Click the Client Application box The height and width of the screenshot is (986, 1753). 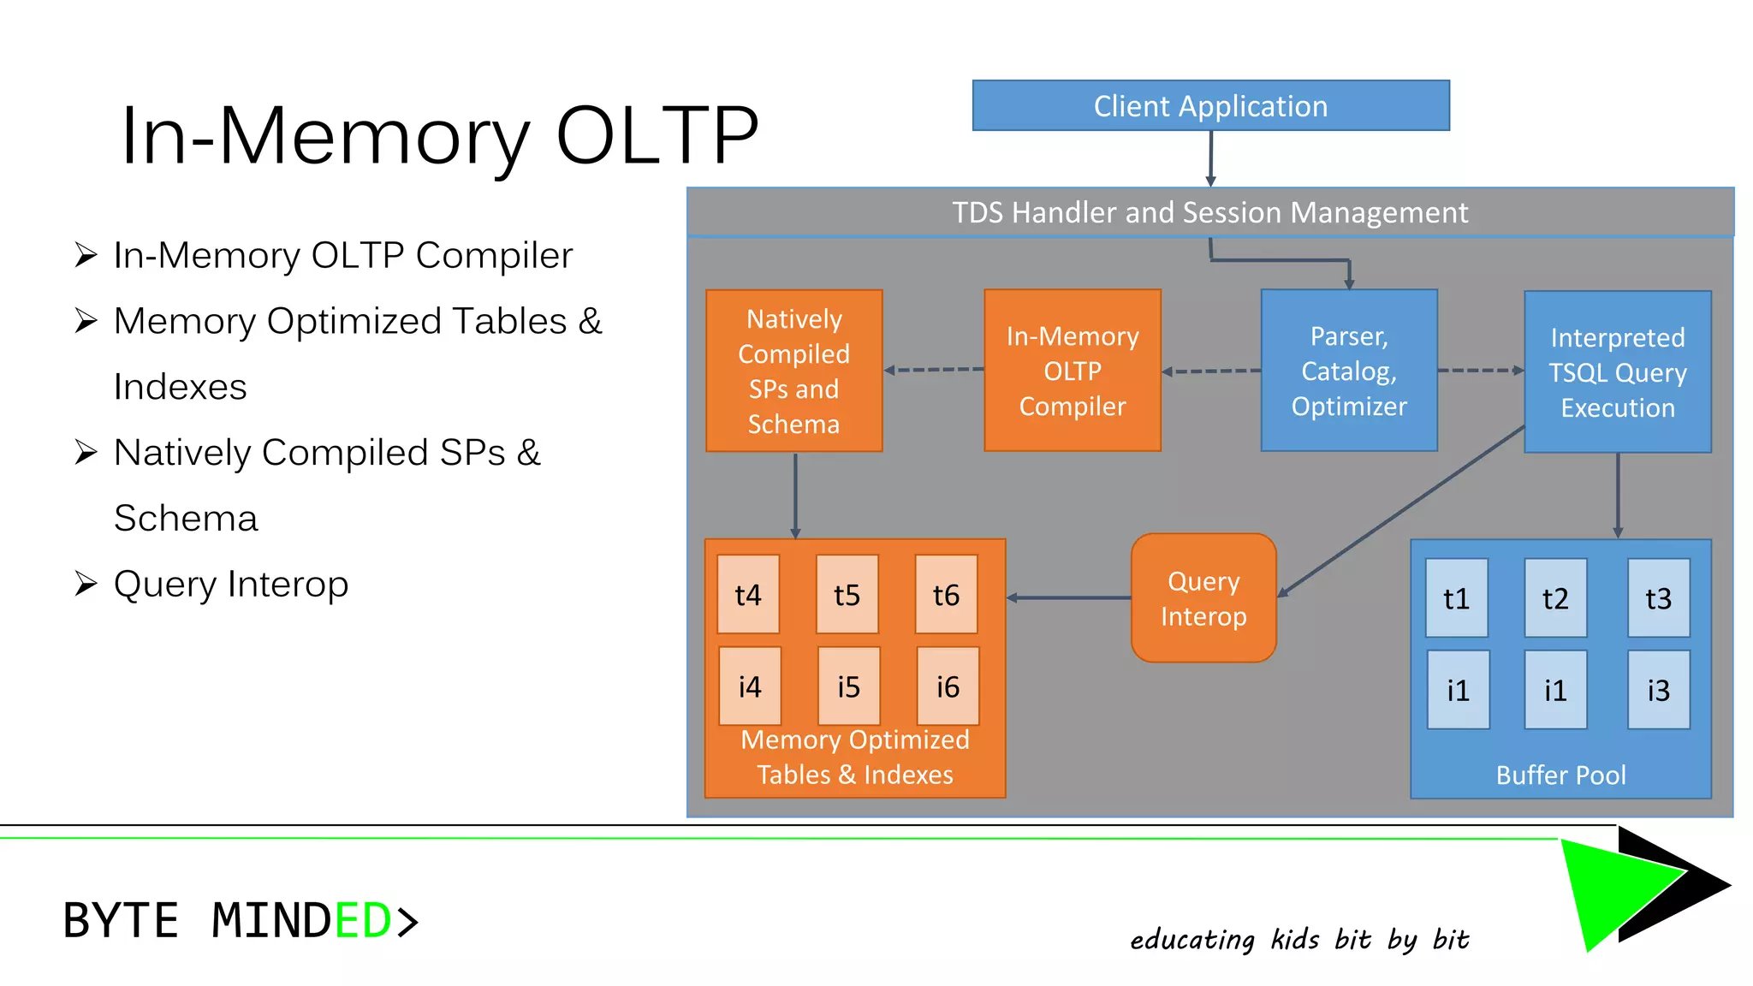(1210, 105)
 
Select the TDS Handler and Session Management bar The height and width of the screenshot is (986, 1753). (1210, 212)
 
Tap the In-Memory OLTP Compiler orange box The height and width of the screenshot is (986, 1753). (1073, 371)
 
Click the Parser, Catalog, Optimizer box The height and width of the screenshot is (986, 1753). (1348, 371)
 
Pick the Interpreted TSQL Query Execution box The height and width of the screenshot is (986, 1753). (1617, 372)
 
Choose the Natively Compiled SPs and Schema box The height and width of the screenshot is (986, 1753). (793, 371)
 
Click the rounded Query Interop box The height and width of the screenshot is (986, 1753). (1203, 598)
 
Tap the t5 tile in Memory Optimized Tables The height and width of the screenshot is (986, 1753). (847, 594)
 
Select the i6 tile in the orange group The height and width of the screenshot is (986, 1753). (948, 686)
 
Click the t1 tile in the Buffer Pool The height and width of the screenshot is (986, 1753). (1456, 598)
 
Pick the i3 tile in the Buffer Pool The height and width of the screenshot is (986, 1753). (1658, 690)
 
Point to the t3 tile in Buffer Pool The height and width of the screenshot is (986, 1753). (1658, 598)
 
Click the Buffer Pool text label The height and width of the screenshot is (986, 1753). (1560, 775)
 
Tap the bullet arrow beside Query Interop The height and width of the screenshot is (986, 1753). (86, 584)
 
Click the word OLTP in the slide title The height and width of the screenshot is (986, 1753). (657, 135)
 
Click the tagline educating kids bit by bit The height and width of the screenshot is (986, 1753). (1299, 939)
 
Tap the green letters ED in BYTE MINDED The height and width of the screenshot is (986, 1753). (363, 921)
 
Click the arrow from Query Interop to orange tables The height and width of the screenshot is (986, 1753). (1070, 597)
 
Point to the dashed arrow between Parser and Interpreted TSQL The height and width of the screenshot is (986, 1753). (1481, 371)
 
